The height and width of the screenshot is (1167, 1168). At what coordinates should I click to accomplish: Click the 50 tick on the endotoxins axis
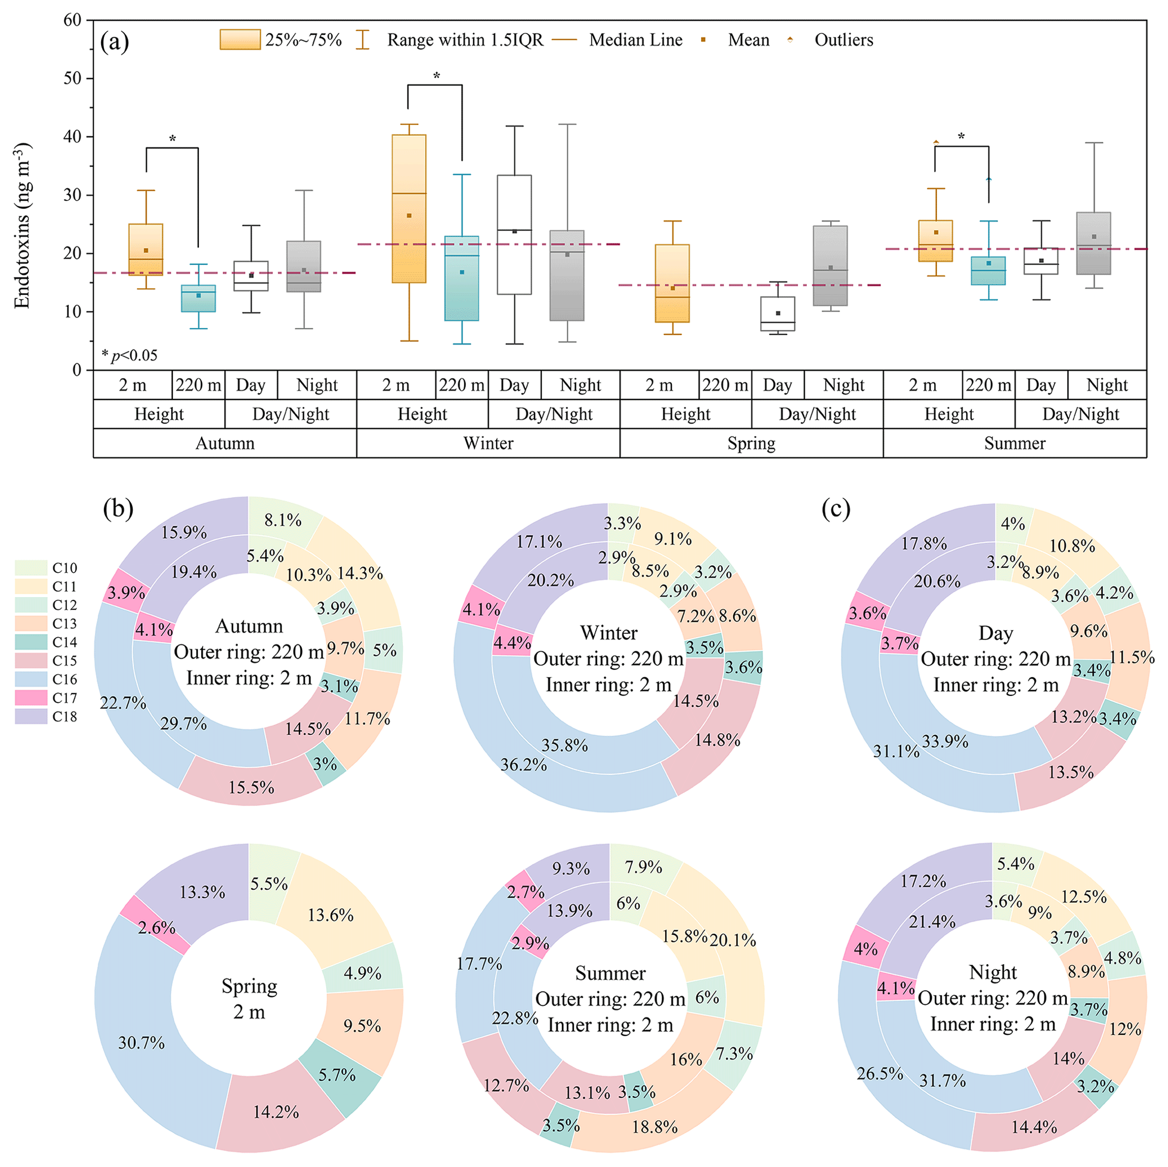pyautogui.click(x=72, y=79)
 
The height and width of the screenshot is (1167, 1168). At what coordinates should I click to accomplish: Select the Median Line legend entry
pyautogui.click(x=635, y=41)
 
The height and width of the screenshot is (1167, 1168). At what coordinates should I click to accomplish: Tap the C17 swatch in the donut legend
pyautogui.click(x=31, y=698)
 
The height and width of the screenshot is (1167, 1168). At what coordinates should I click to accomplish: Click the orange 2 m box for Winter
pyautogui.click(x=409, y=208)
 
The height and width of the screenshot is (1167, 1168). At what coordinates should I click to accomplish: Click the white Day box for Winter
pyautogui.click(x=514, y=234)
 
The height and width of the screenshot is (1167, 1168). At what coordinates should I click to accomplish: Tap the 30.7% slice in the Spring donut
pyautogui.click(x=141, y=1043)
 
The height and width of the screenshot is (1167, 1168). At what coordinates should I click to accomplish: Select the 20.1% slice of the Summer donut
pyautogui.click(x=733, y=940)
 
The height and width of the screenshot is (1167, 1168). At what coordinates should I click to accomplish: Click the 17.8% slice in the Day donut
pyautogui.click(x=924, y=543)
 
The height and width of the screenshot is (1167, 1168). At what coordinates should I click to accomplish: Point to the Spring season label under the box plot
pyautogui.click(x=751, y=443)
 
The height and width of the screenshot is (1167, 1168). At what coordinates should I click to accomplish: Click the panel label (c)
pyautogui.click(x=836, y=509)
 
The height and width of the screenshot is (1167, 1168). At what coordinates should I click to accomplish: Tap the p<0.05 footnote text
pyautogui.click(x=129, y=355)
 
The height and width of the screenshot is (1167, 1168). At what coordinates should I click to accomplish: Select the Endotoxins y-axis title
pyautogui.click(x=23, y=225)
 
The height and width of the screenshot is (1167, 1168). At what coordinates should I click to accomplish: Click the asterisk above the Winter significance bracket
pyautogui.click(x=436, y=76)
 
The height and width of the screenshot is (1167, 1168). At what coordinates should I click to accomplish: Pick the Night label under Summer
pyautogui.click(x=1106, y=385)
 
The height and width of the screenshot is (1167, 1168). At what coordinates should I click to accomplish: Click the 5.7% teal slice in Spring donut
pyautogui.click(x=337, y=1074)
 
